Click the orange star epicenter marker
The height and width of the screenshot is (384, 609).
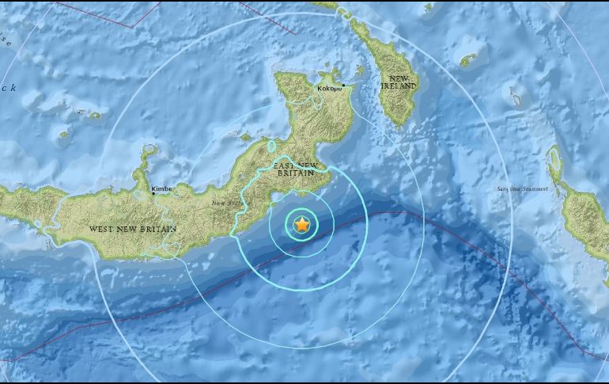pyautogui.click(x=301, y=226)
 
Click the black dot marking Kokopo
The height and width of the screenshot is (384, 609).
pyautogui.click(x=344, y=85)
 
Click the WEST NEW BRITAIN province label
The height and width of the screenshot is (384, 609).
pyautogui.click(x=133, y=229)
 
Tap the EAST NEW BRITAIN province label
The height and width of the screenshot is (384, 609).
pyautogui.click(x=299, y=171)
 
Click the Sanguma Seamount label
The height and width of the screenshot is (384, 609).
pyautogui.click(x=522, y=188)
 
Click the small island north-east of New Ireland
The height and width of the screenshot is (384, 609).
pyautogui.click(x=471, y=59)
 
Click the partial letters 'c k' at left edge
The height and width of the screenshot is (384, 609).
pyautogui.click(x=8, y=88)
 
